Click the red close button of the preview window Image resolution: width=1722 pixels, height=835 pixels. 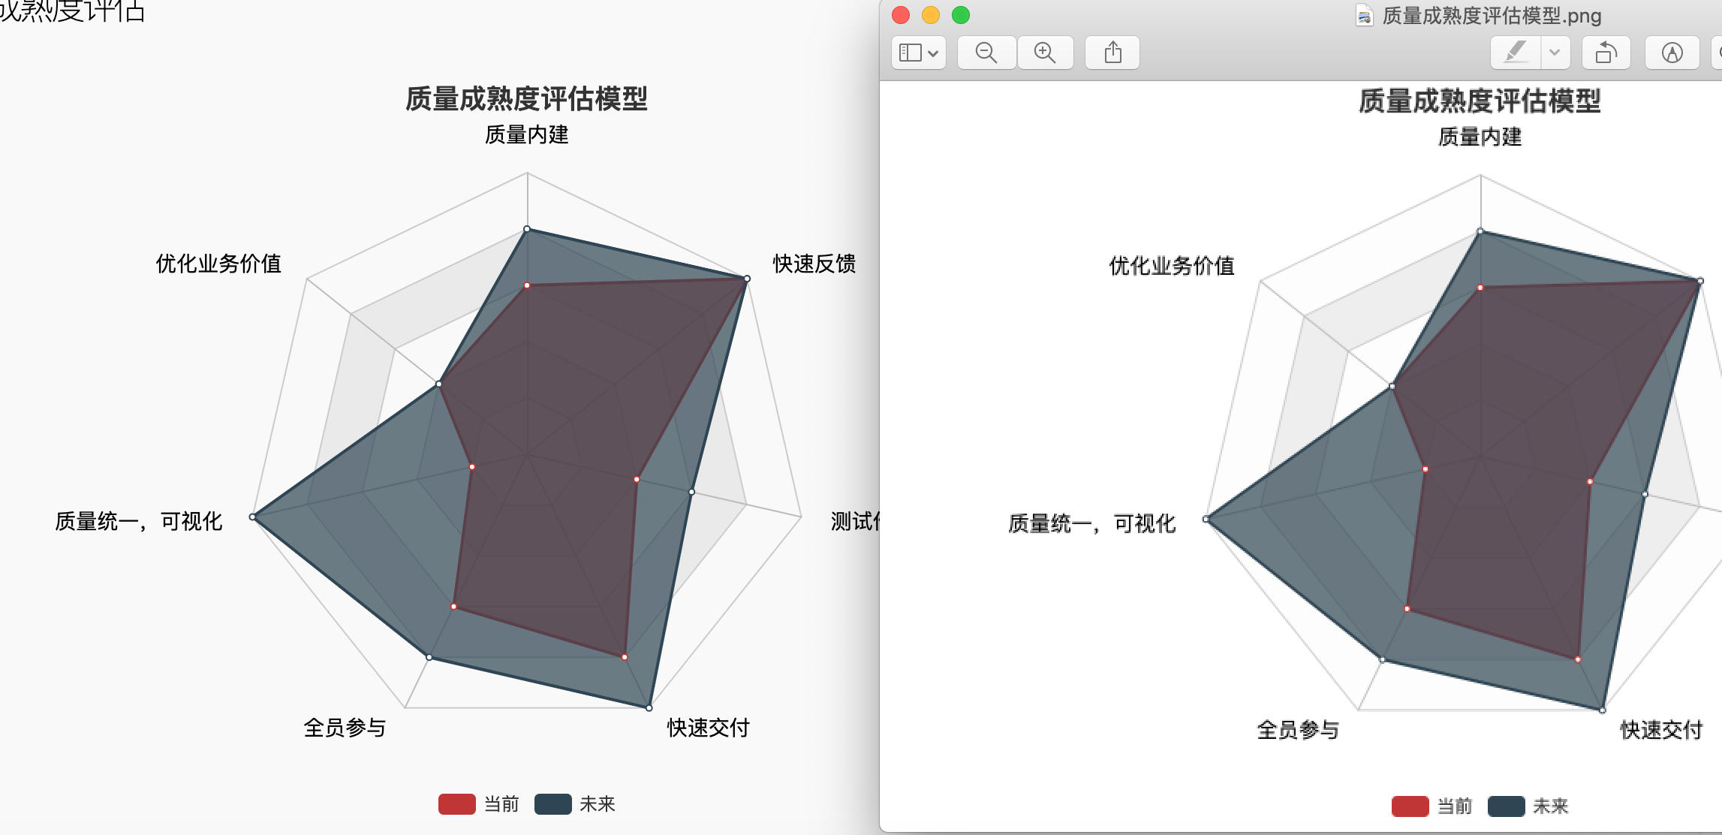(901, 15)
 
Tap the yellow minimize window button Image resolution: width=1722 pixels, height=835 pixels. (931, 15)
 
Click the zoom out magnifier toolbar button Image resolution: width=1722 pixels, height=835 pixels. (986, 53)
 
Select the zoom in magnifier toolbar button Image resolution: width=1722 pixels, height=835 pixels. (1045, 53)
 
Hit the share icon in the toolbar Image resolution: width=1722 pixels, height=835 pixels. (1112, 53)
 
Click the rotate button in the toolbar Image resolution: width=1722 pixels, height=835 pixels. (1606, 53)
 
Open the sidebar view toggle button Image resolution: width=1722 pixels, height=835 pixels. (918, 53)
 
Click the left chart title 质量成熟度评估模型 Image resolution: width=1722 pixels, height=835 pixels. (526, 98)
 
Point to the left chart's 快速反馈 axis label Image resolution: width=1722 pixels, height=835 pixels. (814, 264)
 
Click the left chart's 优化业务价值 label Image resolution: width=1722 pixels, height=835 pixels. (218, 264)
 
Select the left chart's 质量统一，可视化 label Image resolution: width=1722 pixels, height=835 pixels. (139, 521)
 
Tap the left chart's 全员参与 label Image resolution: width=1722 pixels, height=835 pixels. (345, 728)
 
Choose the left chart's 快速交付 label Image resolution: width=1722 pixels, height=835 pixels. (708, 728)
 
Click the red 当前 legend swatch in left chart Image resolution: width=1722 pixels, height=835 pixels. (456, 804)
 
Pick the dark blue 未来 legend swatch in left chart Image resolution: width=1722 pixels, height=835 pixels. (552, 804)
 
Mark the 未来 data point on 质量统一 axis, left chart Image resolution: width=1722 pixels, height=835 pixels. (253, 517)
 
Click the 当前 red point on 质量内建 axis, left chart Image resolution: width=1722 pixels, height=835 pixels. (527, 285)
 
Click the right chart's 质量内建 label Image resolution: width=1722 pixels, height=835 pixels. (1480, 137)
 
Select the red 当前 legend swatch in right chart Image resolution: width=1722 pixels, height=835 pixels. (1410, 806)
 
